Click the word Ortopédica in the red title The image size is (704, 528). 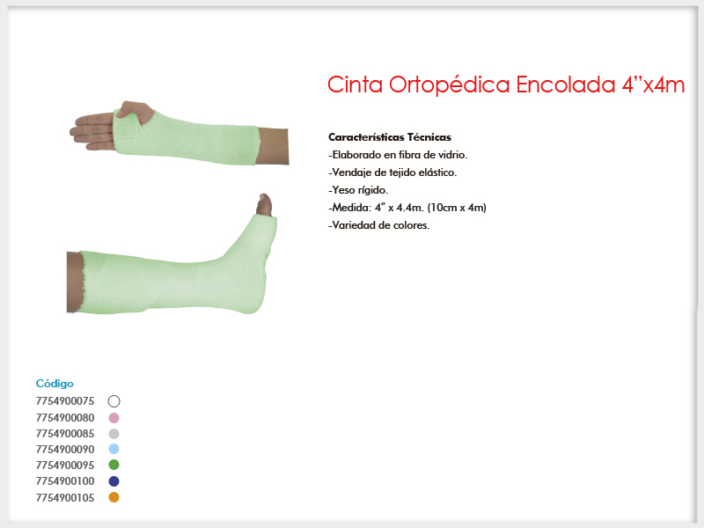(449, 85)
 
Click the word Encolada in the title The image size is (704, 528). (565, 84)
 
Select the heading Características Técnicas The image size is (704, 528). (390, 137)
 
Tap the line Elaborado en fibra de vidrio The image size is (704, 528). (398, 155)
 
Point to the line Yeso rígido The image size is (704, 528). (358, 190)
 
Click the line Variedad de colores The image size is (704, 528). (379, 225)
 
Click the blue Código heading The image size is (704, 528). (55, 384)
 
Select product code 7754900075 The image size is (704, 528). (65, 401)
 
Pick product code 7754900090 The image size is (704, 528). (65, 450)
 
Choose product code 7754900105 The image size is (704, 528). (65, 498)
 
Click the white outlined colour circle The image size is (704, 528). (114, 395)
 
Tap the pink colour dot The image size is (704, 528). (114, 418)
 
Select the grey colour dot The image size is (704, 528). (114, 434)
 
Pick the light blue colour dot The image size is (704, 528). (114, 449)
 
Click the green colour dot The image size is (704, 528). (114, 465)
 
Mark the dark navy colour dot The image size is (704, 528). (114, 481)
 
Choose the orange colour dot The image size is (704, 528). (114, 497)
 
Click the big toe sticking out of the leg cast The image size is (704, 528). (264, 205)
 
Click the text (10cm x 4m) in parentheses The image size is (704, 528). (457, 208)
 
